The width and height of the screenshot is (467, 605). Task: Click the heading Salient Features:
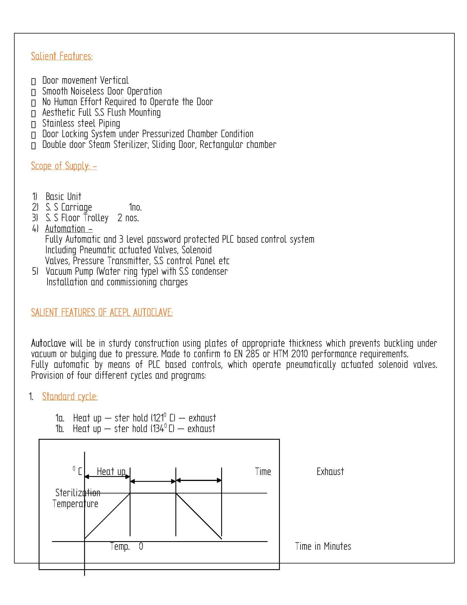[62, 56]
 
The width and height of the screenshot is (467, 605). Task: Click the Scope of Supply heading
[64, 166]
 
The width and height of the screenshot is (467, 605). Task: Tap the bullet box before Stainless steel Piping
[33, 124]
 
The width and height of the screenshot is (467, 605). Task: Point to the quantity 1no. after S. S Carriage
[135, 207]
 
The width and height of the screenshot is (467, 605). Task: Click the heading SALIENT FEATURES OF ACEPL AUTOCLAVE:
[102, 312]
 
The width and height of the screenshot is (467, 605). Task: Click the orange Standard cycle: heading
[70, 396]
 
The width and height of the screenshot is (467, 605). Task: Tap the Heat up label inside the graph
[111, 471]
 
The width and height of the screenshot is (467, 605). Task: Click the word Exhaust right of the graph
[330, 472]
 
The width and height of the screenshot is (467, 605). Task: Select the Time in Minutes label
[323, 546]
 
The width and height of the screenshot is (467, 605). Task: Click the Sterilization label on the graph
[78, 493]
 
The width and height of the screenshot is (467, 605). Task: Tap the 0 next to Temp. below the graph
[141, 546]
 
